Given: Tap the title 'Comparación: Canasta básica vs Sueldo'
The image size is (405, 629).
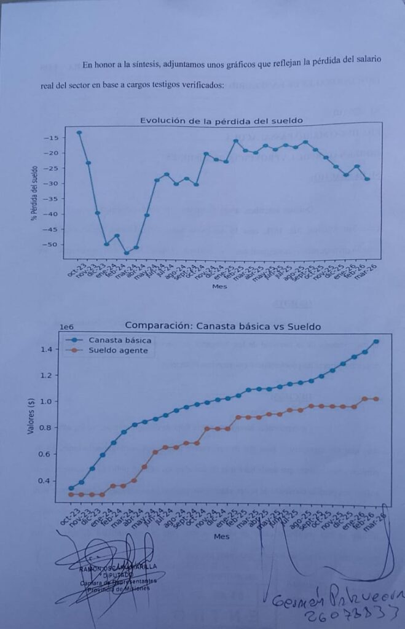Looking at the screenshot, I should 223,326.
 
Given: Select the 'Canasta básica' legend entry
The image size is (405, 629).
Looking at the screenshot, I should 120,340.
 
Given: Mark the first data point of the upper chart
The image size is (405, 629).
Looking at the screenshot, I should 79,133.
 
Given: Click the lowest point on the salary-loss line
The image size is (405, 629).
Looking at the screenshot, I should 127,252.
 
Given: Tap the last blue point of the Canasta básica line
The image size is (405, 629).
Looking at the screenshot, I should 376,342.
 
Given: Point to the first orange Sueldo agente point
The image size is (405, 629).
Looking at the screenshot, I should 71,494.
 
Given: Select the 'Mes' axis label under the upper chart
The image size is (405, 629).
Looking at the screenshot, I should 219,286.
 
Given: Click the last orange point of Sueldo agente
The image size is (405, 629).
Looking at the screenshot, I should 376,399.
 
